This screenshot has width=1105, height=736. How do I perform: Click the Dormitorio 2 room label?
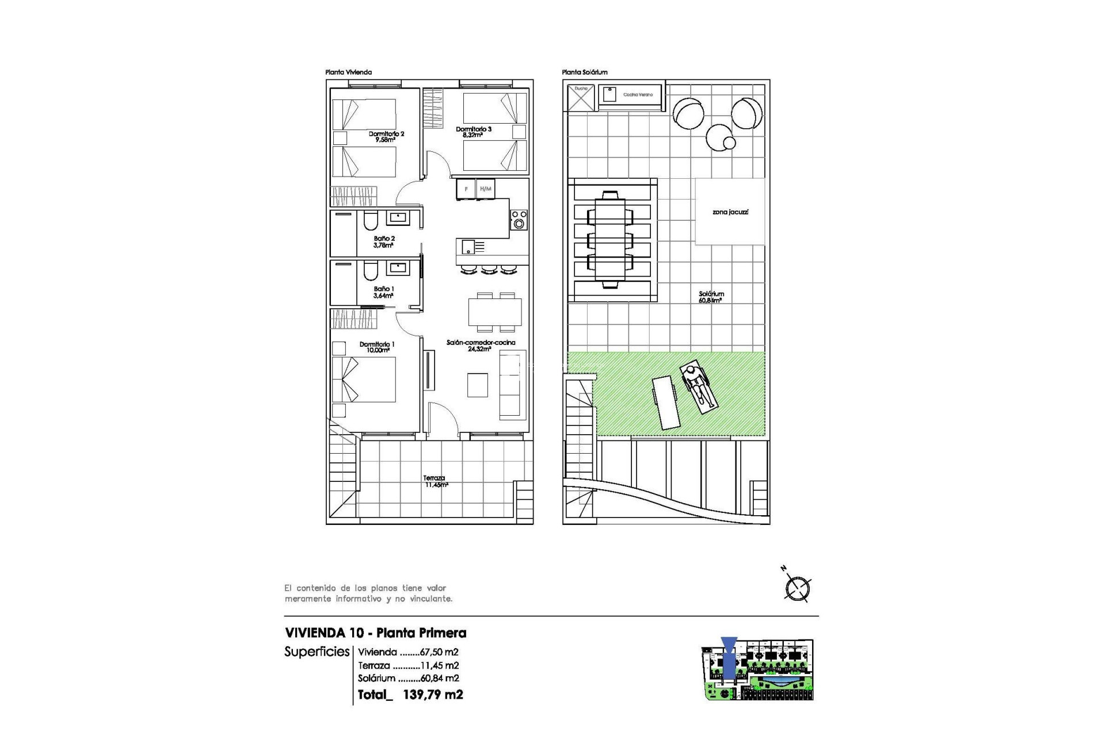coord(386,136)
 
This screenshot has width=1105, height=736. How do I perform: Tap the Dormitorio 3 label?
coord(473,132)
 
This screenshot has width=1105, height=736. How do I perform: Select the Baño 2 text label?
coord(384,241)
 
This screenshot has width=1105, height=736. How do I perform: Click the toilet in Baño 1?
coord(371,270)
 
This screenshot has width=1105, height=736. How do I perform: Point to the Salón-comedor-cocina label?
coord(481,345)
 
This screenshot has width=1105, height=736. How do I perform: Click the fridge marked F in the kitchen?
coord(466,189)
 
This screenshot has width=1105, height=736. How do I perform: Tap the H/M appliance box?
coord(486,189)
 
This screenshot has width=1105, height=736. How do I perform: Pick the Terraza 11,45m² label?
coord(435,481)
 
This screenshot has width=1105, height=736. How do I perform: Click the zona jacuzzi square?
coord(730,212)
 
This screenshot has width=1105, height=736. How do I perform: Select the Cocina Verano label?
coord(638,94)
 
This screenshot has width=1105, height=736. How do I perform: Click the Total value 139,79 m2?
coord(433,695)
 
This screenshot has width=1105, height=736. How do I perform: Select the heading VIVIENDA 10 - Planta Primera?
coord(375,633)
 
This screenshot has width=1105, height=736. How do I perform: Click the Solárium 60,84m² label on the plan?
coord(711,297)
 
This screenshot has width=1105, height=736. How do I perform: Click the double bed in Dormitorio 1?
coord(364,379)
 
